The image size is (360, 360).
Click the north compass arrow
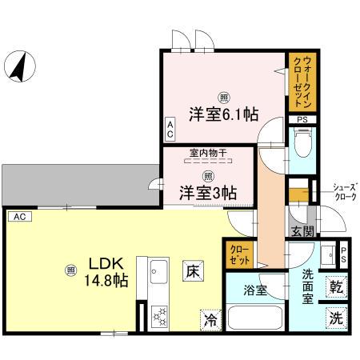tap(18, 66)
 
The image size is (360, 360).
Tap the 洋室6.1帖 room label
tap(223, 113)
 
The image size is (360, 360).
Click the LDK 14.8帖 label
tap(108, 272)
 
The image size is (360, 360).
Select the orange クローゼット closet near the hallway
tap(240, 254)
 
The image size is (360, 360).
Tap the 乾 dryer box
tap(337, 286)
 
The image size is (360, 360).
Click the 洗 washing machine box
tap(337, 317)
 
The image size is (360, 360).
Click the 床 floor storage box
tap(194, 270)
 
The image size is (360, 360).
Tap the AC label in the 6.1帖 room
tap(170, 129)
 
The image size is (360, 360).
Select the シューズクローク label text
tap(346, 191)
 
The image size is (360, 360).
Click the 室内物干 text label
tap(206, 152)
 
